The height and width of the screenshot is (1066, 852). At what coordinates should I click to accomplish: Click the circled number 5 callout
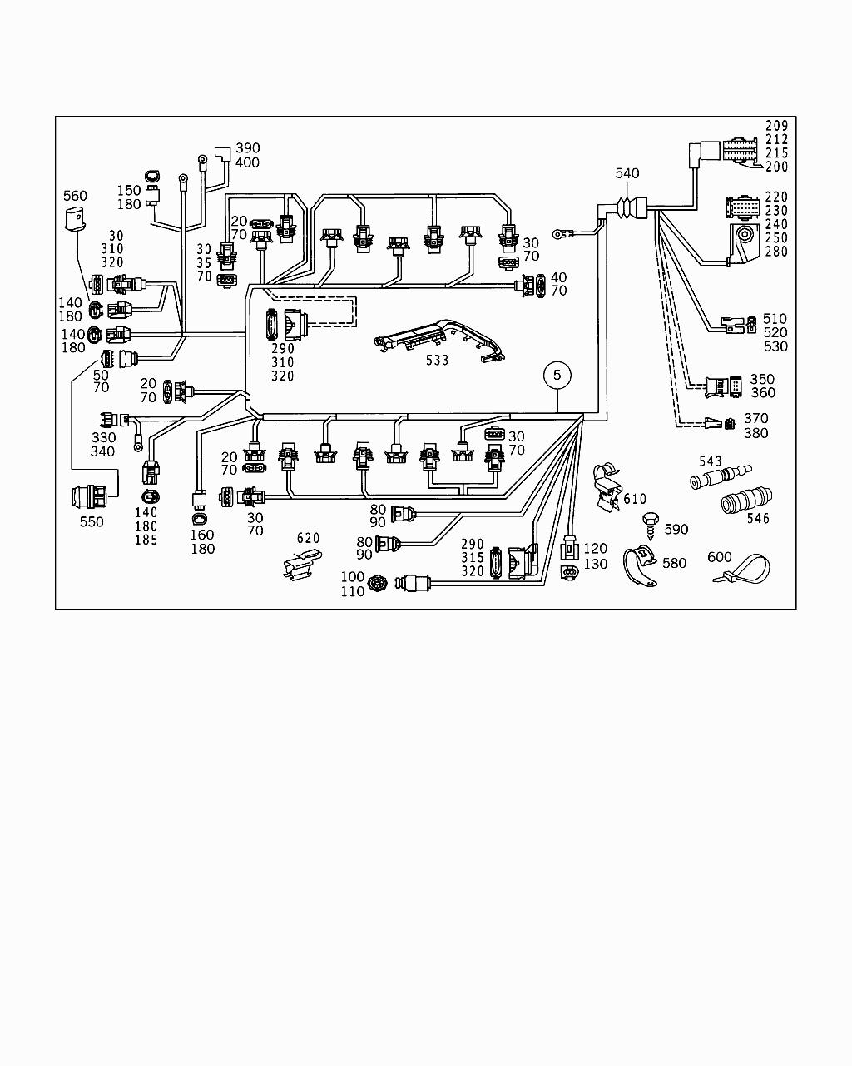(x=557, y=376)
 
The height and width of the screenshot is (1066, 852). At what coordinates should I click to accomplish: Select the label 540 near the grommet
(x=627, y=173)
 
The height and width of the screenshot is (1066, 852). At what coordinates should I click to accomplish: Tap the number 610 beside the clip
(x=635, y=499)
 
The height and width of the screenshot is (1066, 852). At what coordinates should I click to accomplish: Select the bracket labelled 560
(x=75, y=220)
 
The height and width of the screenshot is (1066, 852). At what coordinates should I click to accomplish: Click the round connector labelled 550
(x=89, y=497)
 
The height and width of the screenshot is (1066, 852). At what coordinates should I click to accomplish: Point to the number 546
(x=758, y=519)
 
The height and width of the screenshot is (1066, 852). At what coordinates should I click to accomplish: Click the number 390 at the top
(x=248, y=148)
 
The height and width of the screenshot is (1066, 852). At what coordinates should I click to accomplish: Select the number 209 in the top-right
(x=777, y=127)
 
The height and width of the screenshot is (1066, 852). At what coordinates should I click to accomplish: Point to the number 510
(x=775, y=318)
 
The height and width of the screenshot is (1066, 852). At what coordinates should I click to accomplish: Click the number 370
(x=756, y=418)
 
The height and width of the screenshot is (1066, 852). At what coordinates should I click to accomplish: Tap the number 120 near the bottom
(x=596, y=549)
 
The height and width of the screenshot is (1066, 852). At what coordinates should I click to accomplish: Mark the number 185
(x=146, y=540)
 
